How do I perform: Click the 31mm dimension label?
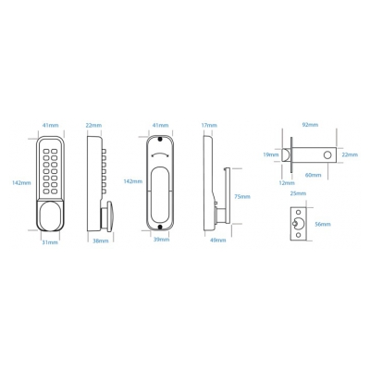coord(50,242)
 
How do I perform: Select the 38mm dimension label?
coord(101,240)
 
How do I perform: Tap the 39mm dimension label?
coord(161,240)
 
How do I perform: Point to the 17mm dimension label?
coord(209,125)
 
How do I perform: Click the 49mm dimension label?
coord(218,240)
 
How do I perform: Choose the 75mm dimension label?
coord(242,196)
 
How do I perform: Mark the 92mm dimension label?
coord(310,125)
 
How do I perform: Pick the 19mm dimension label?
coord(271,154)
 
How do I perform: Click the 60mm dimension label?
coord(313,175)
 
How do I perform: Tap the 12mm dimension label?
coord(287,183)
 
